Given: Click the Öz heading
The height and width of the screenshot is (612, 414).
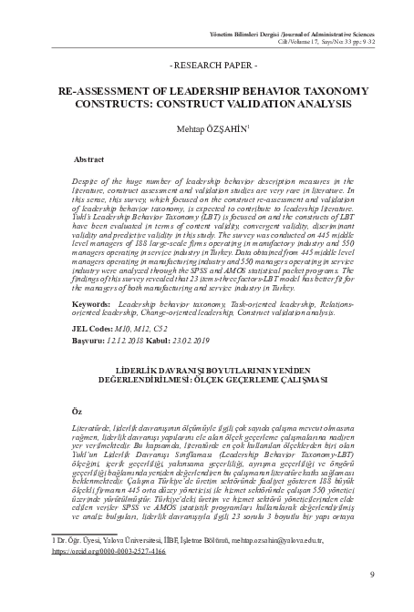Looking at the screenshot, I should (76, 411).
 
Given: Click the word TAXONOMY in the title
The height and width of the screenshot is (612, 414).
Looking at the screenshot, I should (332, 92).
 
